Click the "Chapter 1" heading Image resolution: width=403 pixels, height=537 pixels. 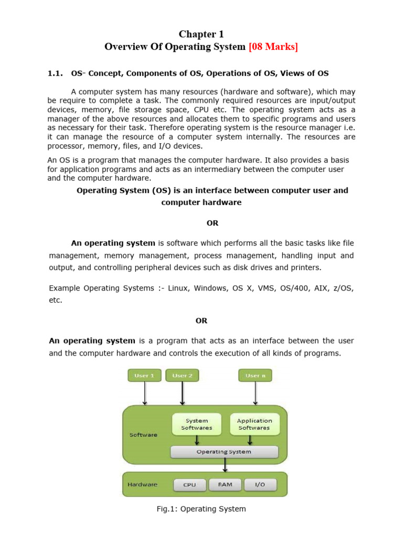pyautogui.click(x=201, y=34)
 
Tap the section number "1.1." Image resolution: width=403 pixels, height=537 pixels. pyautogui.click(x=55, y=73)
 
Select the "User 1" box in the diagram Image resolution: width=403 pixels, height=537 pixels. pyautogui.click(x=144, y=375)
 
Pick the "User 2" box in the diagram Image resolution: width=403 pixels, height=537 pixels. pyautogui.click(x=182, y=375)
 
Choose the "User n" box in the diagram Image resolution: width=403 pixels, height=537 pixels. pyautogui.click(x=255, y=375)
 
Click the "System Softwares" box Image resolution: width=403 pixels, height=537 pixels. pyautogui.click(x=197, y=424)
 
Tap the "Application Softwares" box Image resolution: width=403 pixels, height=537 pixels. pyautogui.click(x=254, y=424)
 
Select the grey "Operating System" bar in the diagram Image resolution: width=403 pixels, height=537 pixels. pyautogui.click(x=224, y=452)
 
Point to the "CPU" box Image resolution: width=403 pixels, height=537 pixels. pyautogui.click(x=189, y=485)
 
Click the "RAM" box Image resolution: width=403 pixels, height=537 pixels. pyautogui.click(x=224, y=485)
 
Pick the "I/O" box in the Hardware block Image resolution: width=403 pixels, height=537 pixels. pyautogui.click(x=260, y=485)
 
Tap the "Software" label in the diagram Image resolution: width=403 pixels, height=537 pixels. pyautogui.click(x=143, y=435)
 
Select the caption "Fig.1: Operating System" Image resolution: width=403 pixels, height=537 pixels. pyautogui.click(x=201, y=509)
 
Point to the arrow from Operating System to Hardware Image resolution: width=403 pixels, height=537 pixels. pyautogui.click(x=225, y=465)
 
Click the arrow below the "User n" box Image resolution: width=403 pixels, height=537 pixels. pyautogui.click(x=256, y=393)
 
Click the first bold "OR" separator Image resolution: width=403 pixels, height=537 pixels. pyautogui.click(x=212, y=223)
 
